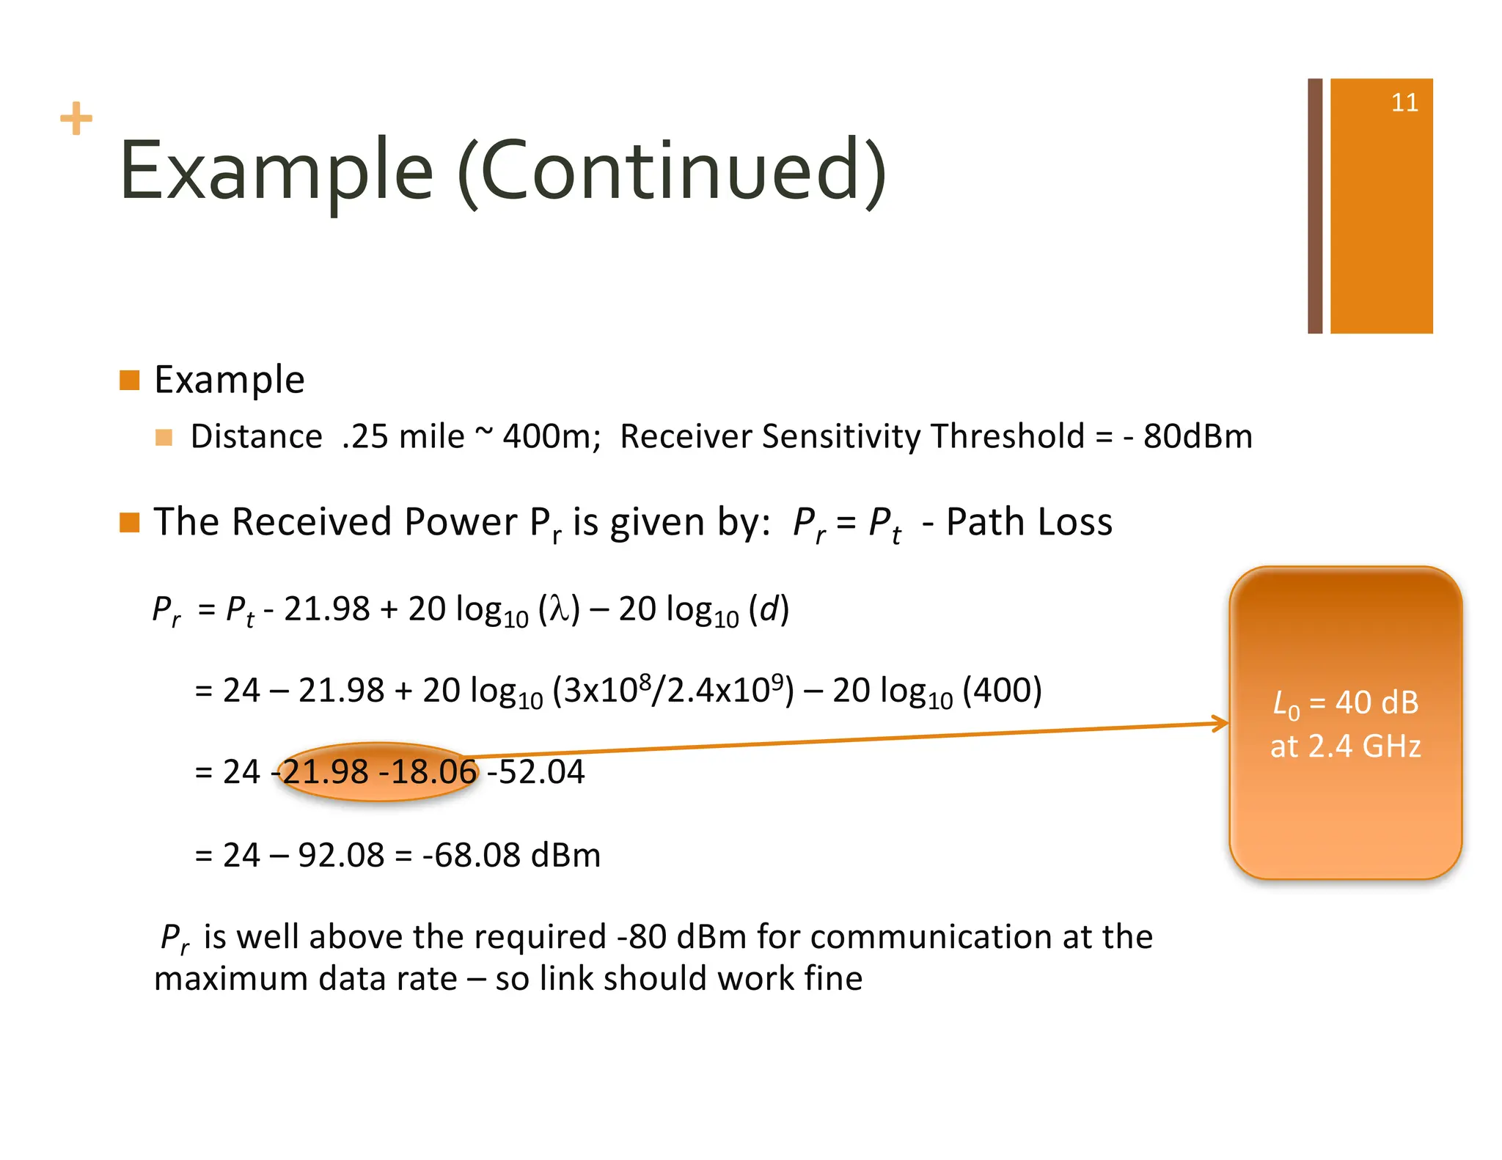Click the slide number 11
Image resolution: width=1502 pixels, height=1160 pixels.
1404,103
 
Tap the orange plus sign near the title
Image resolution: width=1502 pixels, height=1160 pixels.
76,119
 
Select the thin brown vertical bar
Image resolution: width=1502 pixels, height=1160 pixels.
1315,206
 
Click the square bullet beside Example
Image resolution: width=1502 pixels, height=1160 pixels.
130,380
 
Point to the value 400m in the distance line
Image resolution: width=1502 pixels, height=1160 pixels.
550,437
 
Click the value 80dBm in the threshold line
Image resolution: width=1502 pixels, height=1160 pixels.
1197,437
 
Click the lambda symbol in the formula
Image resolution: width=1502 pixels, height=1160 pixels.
559,609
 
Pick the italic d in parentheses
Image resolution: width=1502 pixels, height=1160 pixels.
768,609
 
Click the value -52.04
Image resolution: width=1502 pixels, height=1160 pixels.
536,772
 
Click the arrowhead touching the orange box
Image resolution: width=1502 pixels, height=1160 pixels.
1221,724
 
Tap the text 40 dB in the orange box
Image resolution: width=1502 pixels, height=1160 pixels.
1377,702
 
